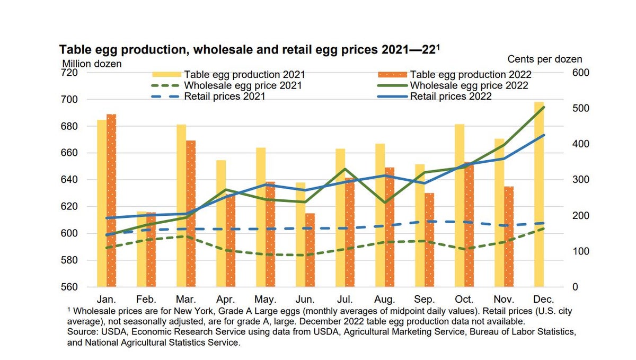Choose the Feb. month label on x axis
(146, 298)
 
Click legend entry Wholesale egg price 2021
(244, 85)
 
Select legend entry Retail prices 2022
(450, 96)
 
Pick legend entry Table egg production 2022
(471, 75)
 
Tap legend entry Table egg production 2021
(244, 75)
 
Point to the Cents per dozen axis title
(544, 59)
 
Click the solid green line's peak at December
(543, 107)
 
